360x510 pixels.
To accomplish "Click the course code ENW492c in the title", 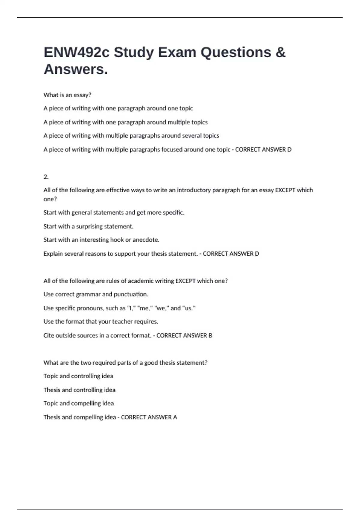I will click(x=76, y=52).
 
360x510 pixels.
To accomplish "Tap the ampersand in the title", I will click(x=280, y=52).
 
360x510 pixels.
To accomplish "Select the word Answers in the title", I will click(x=76, y=70).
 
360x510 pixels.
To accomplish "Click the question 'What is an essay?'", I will click(x=67, y=95).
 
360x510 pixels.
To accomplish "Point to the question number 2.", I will click(x=46, y=177).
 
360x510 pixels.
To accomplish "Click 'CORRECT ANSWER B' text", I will click(x=184, y=335).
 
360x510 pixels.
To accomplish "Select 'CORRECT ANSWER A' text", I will click(x=149, y=417).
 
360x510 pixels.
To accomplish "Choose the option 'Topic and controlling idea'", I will click(x=78, y=376).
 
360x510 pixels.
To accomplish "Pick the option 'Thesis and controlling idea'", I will click(x=79, y=390).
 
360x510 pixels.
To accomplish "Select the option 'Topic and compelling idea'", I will click(x=79, y=403).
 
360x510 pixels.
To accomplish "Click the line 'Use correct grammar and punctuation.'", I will click(x=96, y=294).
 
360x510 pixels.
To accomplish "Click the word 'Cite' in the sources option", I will click(x=49, y=335).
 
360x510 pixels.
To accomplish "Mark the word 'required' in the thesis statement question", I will click(x=104, y=363).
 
